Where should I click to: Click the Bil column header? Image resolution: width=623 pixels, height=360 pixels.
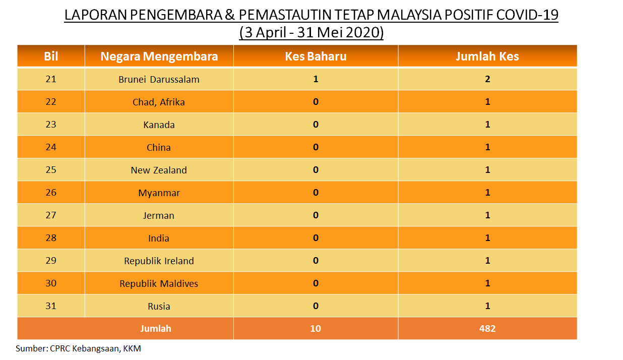[51, 56]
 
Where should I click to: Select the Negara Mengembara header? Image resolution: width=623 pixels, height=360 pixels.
[159, 56]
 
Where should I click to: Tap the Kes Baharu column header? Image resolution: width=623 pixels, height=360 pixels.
[316, 56]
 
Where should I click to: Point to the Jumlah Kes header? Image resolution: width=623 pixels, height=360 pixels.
[487, 56]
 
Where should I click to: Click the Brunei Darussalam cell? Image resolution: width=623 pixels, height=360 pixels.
[159, 79]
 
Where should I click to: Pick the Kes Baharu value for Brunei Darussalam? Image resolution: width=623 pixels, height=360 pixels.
[316, 79]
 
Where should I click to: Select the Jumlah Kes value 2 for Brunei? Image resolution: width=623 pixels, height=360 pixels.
[487, 79]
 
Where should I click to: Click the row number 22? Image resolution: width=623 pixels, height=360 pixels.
[51, 101]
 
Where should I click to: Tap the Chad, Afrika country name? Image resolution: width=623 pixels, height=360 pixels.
[159, 102]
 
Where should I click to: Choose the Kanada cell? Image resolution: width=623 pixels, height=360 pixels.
[159, 125]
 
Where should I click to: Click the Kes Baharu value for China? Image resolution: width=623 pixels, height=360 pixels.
[316, 147]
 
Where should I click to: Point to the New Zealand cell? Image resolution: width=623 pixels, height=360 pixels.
[159, 170]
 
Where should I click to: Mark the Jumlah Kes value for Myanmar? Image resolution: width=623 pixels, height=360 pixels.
[487, 192]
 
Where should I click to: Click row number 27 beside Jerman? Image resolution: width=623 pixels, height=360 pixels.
[51, 215]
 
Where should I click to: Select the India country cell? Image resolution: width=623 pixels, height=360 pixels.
[159, 238]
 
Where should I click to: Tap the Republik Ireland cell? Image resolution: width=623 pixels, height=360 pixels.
[159, 261]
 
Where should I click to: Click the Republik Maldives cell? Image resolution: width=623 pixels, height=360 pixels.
[159, 283]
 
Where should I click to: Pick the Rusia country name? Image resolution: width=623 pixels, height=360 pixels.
[159, 307]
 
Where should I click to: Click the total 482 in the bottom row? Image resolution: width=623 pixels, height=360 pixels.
[487, 329]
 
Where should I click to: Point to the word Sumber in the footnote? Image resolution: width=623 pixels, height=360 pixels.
[32, 348]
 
